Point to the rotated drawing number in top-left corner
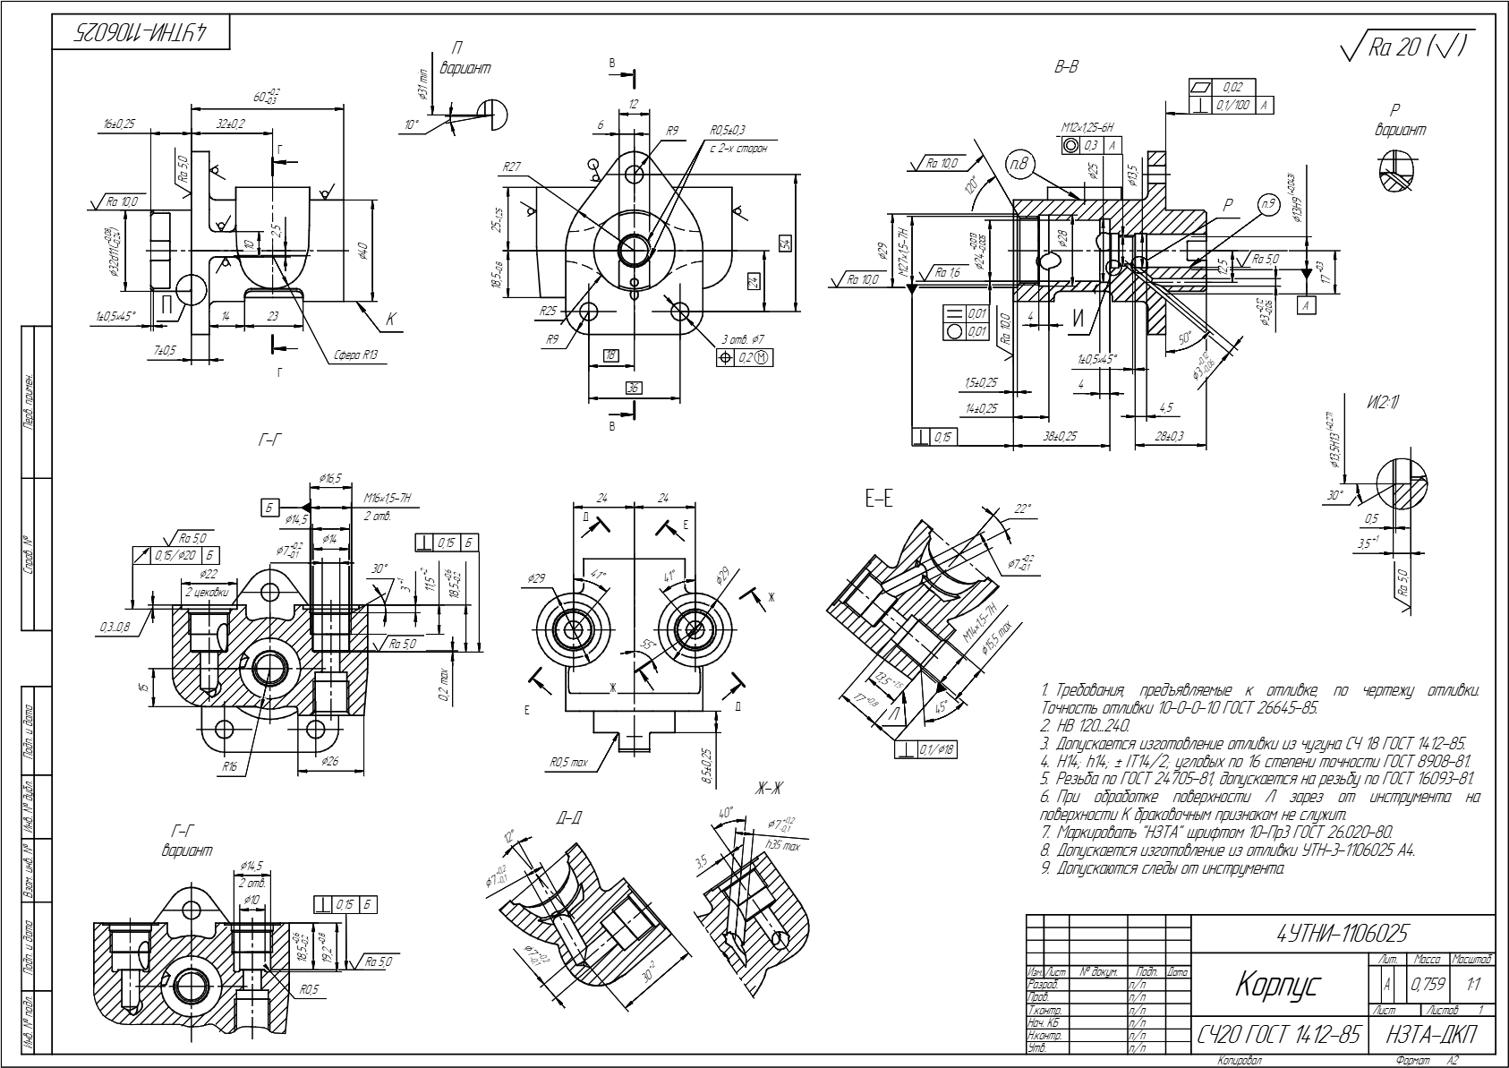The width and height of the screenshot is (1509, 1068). click(x=140, y=32)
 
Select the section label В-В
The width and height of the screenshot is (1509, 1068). click(x=1066, y=67)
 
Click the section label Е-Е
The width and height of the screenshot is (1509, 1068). click(x=878, y=500)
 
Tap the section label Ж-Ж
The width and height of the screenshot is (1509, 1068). click(x=769, y=788)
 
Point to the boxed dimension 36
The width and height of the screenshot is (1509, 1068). click(x=634, y=388)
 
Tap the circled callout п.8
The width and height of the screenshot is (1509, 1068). click(x=1019, y=166)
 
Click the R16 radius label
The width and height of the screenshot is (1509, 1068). click(x=230, y=767)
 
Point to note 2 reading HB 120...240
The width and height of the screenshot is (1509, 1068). click(x=1086, y=725)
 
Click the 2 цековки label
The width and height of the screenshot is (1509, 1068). click(x=207, y=592)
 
